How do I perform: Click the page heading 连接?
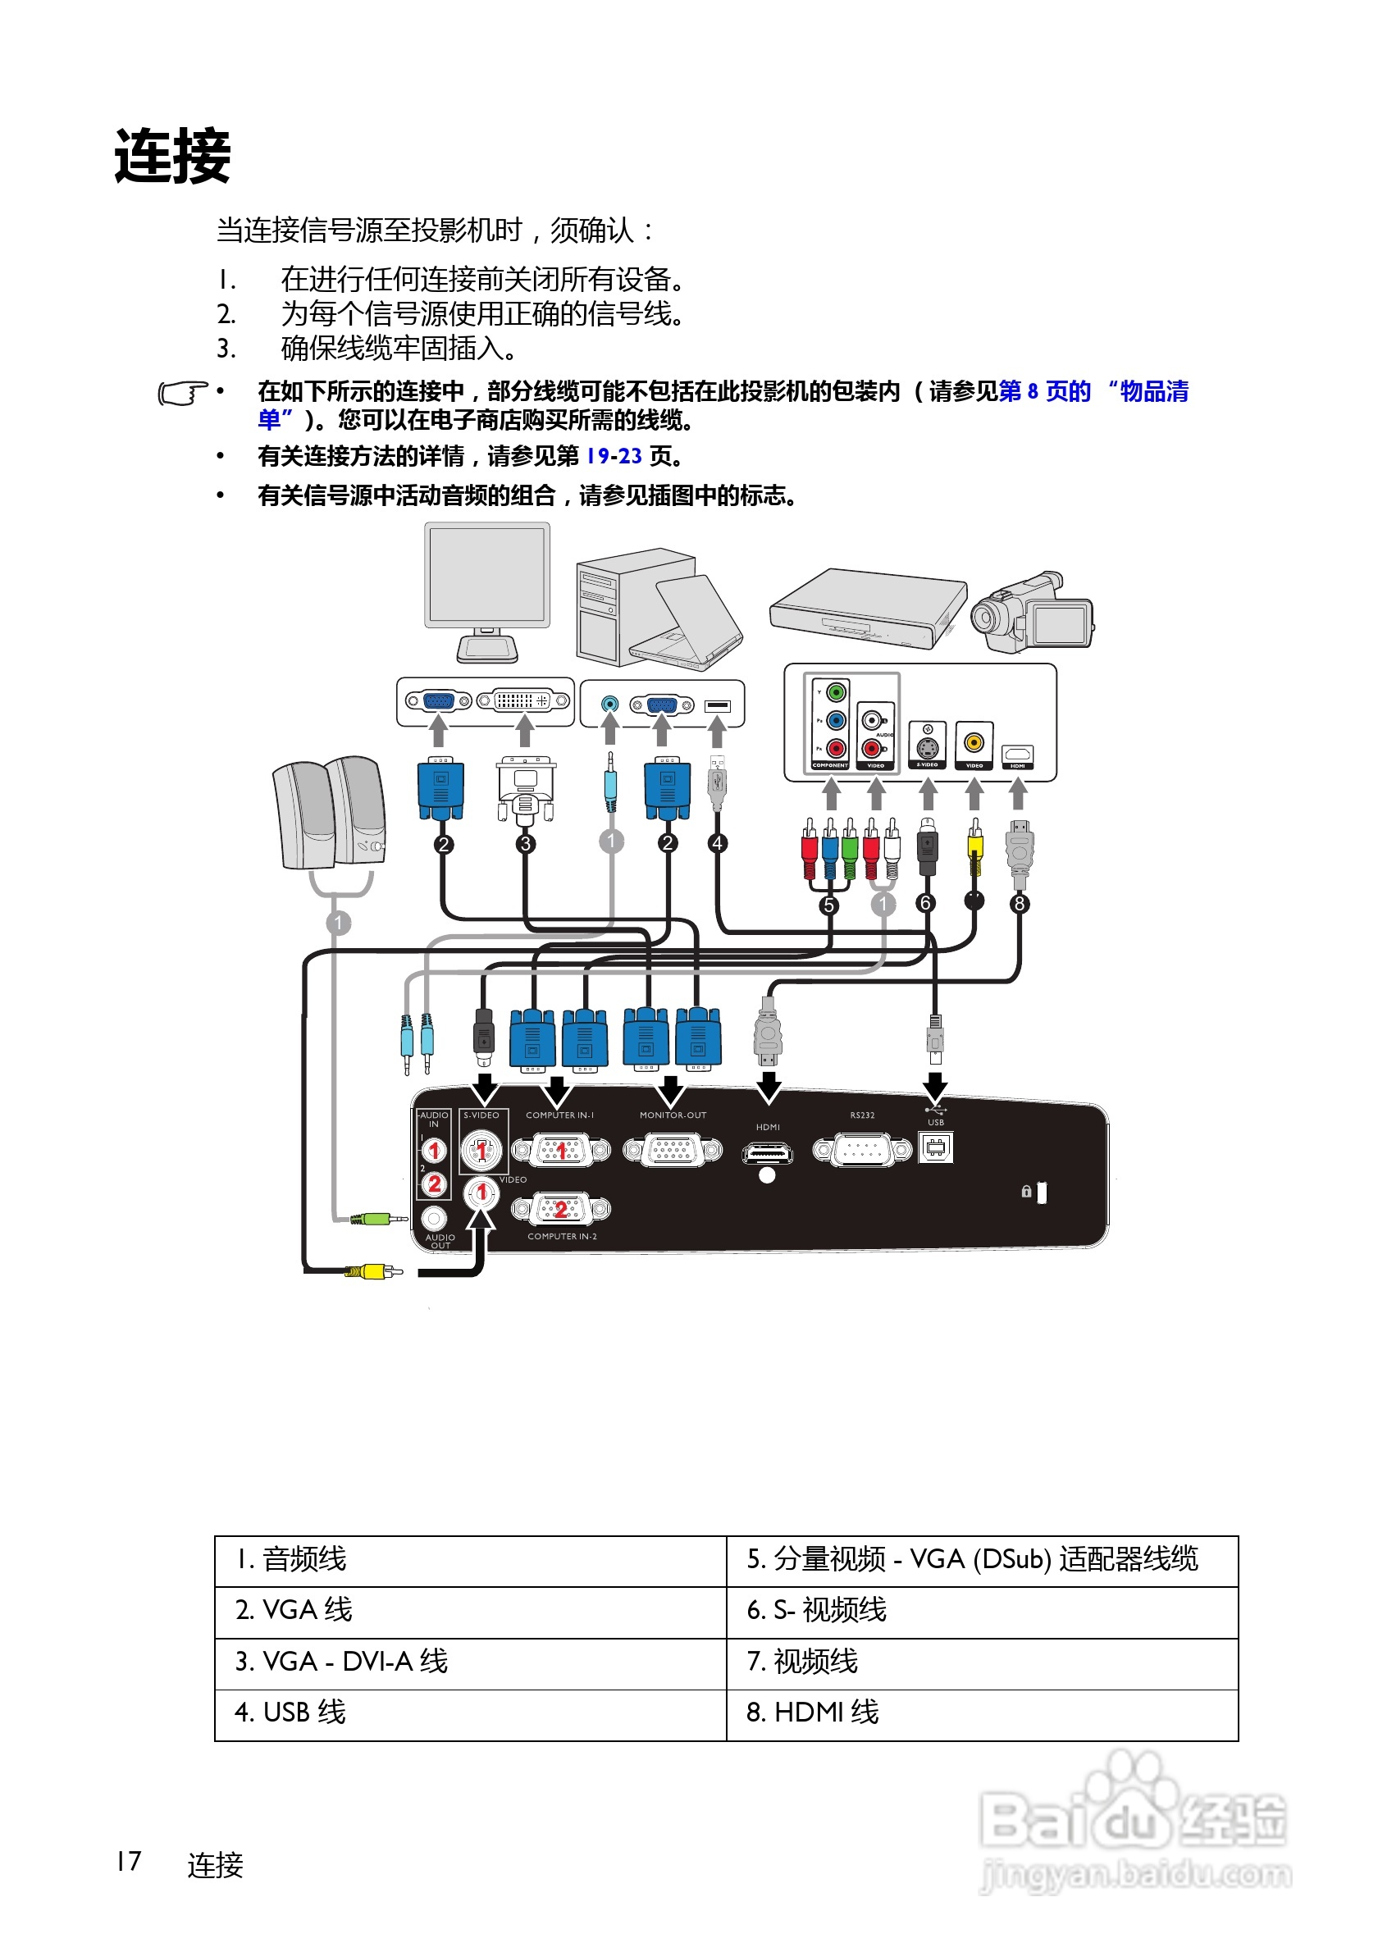point(172,157)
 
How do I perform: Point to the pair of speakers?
point(329,814)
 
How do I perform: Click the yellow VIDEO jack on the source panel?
point(974,742)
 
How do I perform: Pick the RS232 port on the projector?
point(861,1149)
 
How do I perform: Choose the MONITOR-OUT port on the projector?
point(672,1149)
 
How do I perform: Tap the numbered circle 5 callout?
point(828,905)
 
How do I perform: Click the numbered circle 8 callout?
point(1019,904)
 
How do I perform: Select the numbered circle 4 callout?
point(718,842)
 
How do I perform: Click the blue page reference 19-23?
point(614,457)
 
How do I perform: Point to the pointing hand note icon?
point(182,394)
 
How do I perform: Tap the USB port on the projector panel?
point(935,1147)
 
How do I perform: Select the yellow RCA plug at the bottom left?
point(374,1272)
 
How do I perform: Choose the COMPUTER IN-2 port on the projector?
point(561,1208)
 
